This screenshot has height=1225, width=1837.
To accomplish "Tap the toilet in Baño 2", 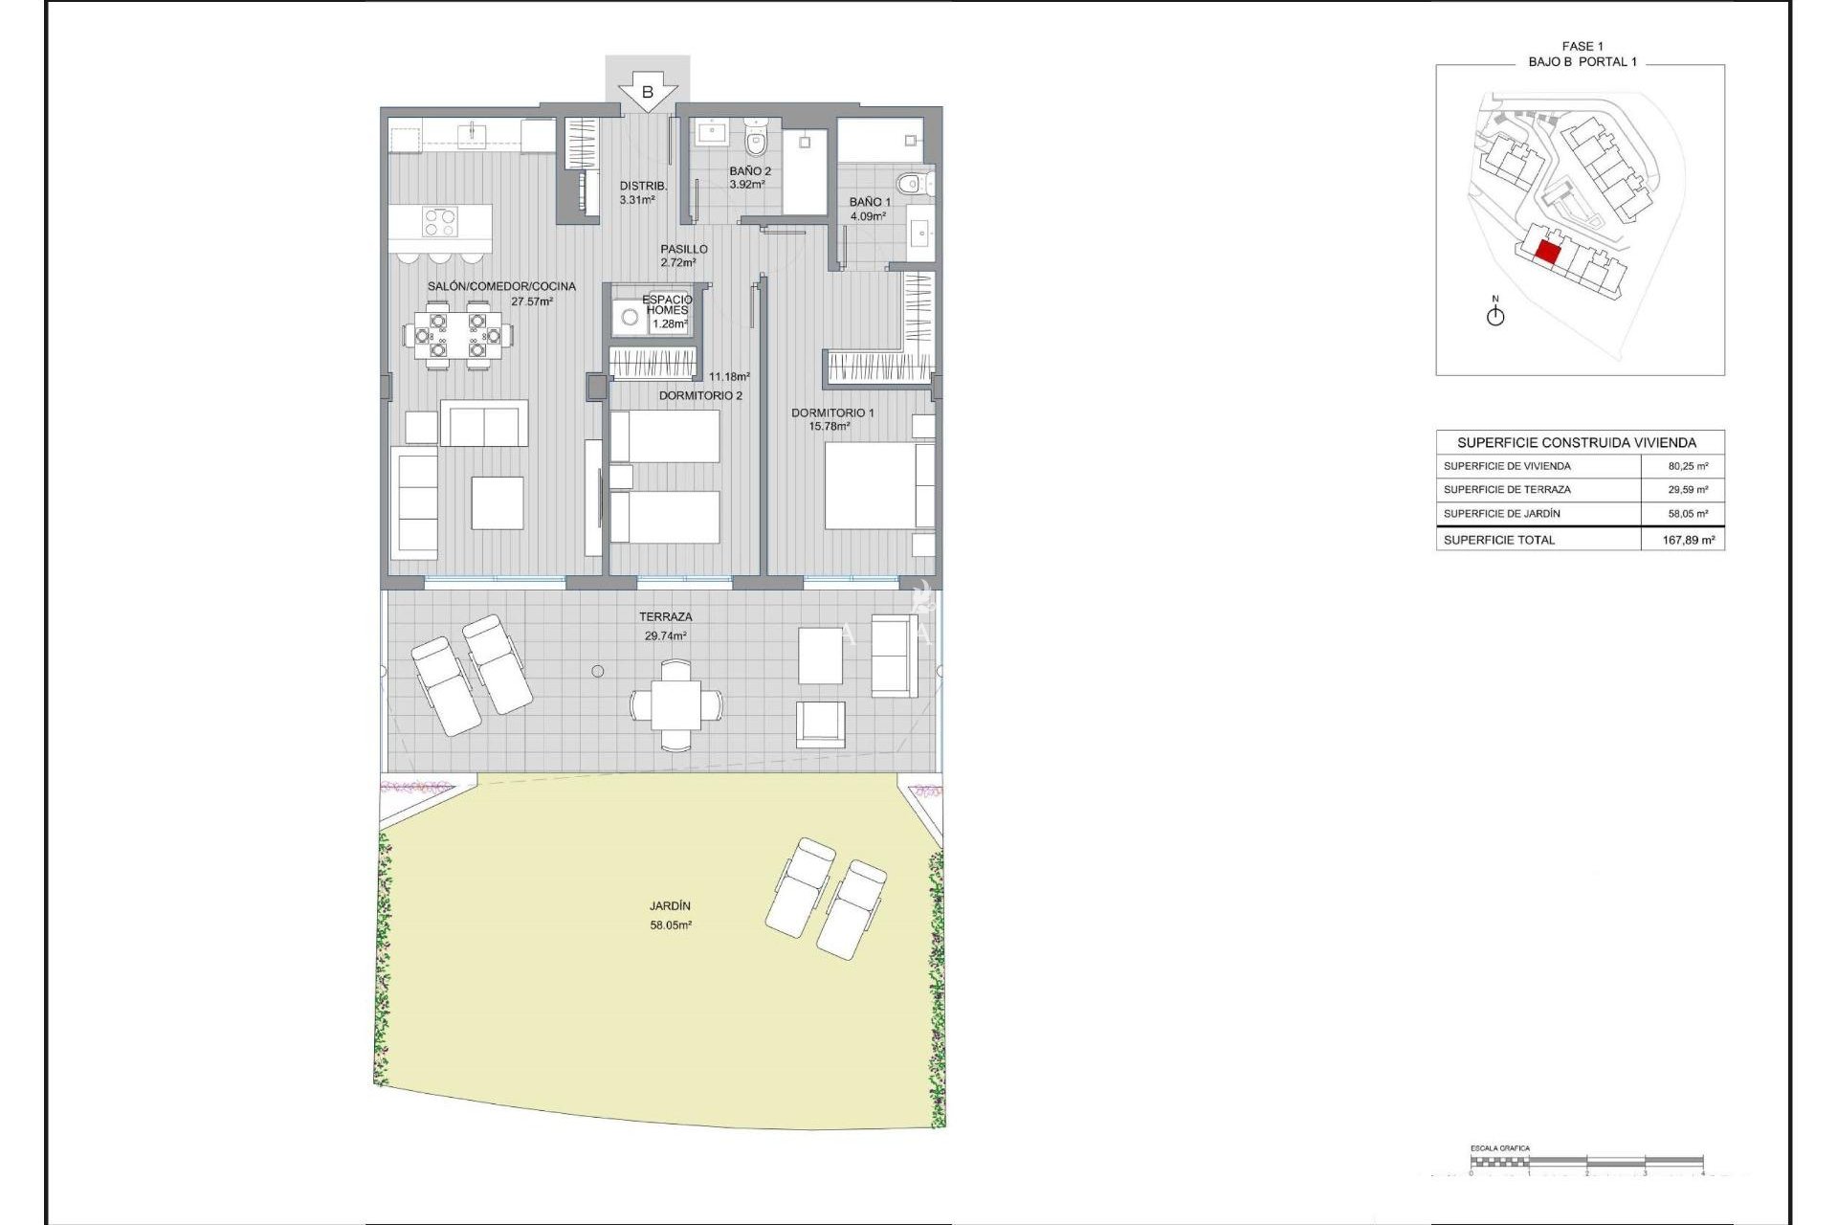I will tap(756, 140).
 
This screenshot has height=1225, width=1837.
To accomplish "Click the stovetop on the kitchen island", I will tap(439, 222).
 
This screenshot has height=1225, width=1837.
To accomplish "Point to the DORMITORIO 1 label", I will tap(831, 412).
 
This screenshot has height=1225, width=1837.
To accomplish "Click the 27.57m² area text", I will tap(531, 301).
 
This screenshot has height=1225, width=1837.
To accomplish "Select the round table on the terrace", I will tap(676, 705).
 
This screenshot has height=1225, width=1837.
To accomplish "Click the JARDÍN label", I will tap(670, 905).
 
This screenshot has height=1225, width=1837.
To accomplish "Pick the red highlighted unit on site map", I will tap(1547, 253).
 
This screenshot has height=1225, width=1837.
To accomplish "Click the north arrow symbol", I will tap(1495, 314).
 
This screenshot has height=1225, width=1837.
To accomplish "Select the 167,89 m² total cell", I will tap(1688, 540).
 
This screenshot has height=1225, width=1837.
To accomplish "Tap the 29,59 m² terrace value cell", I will tap(1688, 489).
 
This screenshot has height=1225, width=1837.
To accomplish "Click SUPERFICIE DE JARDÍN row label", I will tap(1501, 514).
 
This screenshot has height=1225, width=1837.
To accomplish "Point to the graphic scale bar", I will tap(1586, 1162).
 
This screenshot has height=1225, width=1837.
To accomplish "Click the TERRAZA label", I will tap(665, 617).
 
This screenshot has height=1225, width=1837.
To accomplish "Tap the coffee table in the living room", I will tap(497, 502).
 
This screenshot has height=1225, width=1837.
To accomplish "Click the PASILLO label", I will tap(683, 249).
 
